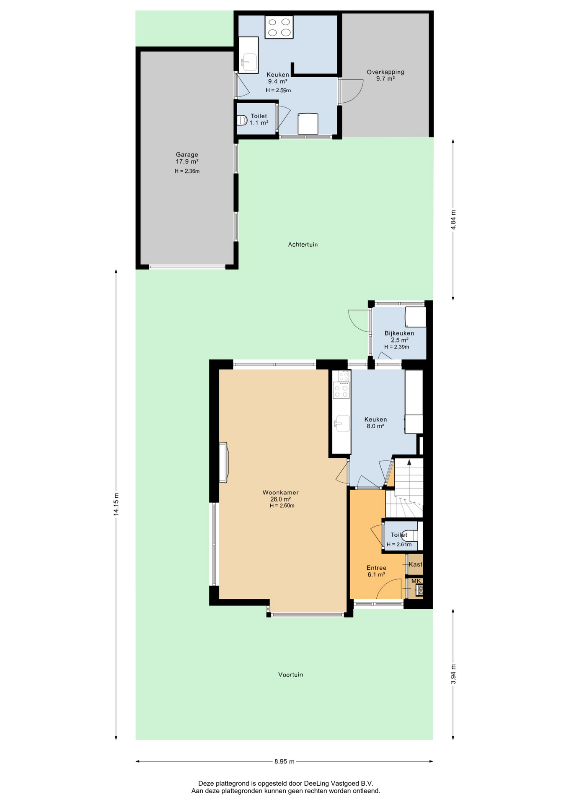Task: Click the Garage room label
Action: pyautogui.click(x=187, y=154)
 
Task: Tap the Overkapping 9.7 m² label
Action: pyautogui.click(x=385, y=75)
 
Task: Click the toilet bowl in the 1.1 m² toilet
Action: pyautogui.click(x=242, y=120)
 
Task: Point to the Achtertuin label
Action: pyautogui.click(x=303, y=244)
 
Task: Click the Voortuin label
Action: pyautogui.click(x=290, y=675)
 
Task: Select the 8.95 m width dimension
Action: pyautogui.click(x=284, y=761)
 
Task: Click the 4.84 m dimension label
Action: pyautogui.click(x=453, y=219)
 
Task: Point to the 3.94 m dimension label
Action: pyautogui.click(x=453, y=674)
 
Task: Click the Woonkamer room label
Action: pyautogui.click(x=280, y=493)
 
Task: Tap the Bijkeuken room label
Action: pyautogui.click(x=399, y=333)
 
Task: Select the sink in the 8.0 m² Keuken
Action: pyautogui.click(x=342, y=423)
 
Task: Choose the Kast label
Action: pyautogui.click(x=416, y=564)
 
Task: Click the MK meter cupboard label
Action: pyautogui.click(x=416, y=581)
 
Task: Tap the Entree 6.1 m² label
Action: pyautogui.click(x=376, y=571)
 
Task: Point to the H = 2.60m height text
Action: pyautogui.click(x=282, y=506)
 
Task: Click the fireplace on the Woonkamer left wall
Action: pyautogui.click(x=223, y=462)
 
